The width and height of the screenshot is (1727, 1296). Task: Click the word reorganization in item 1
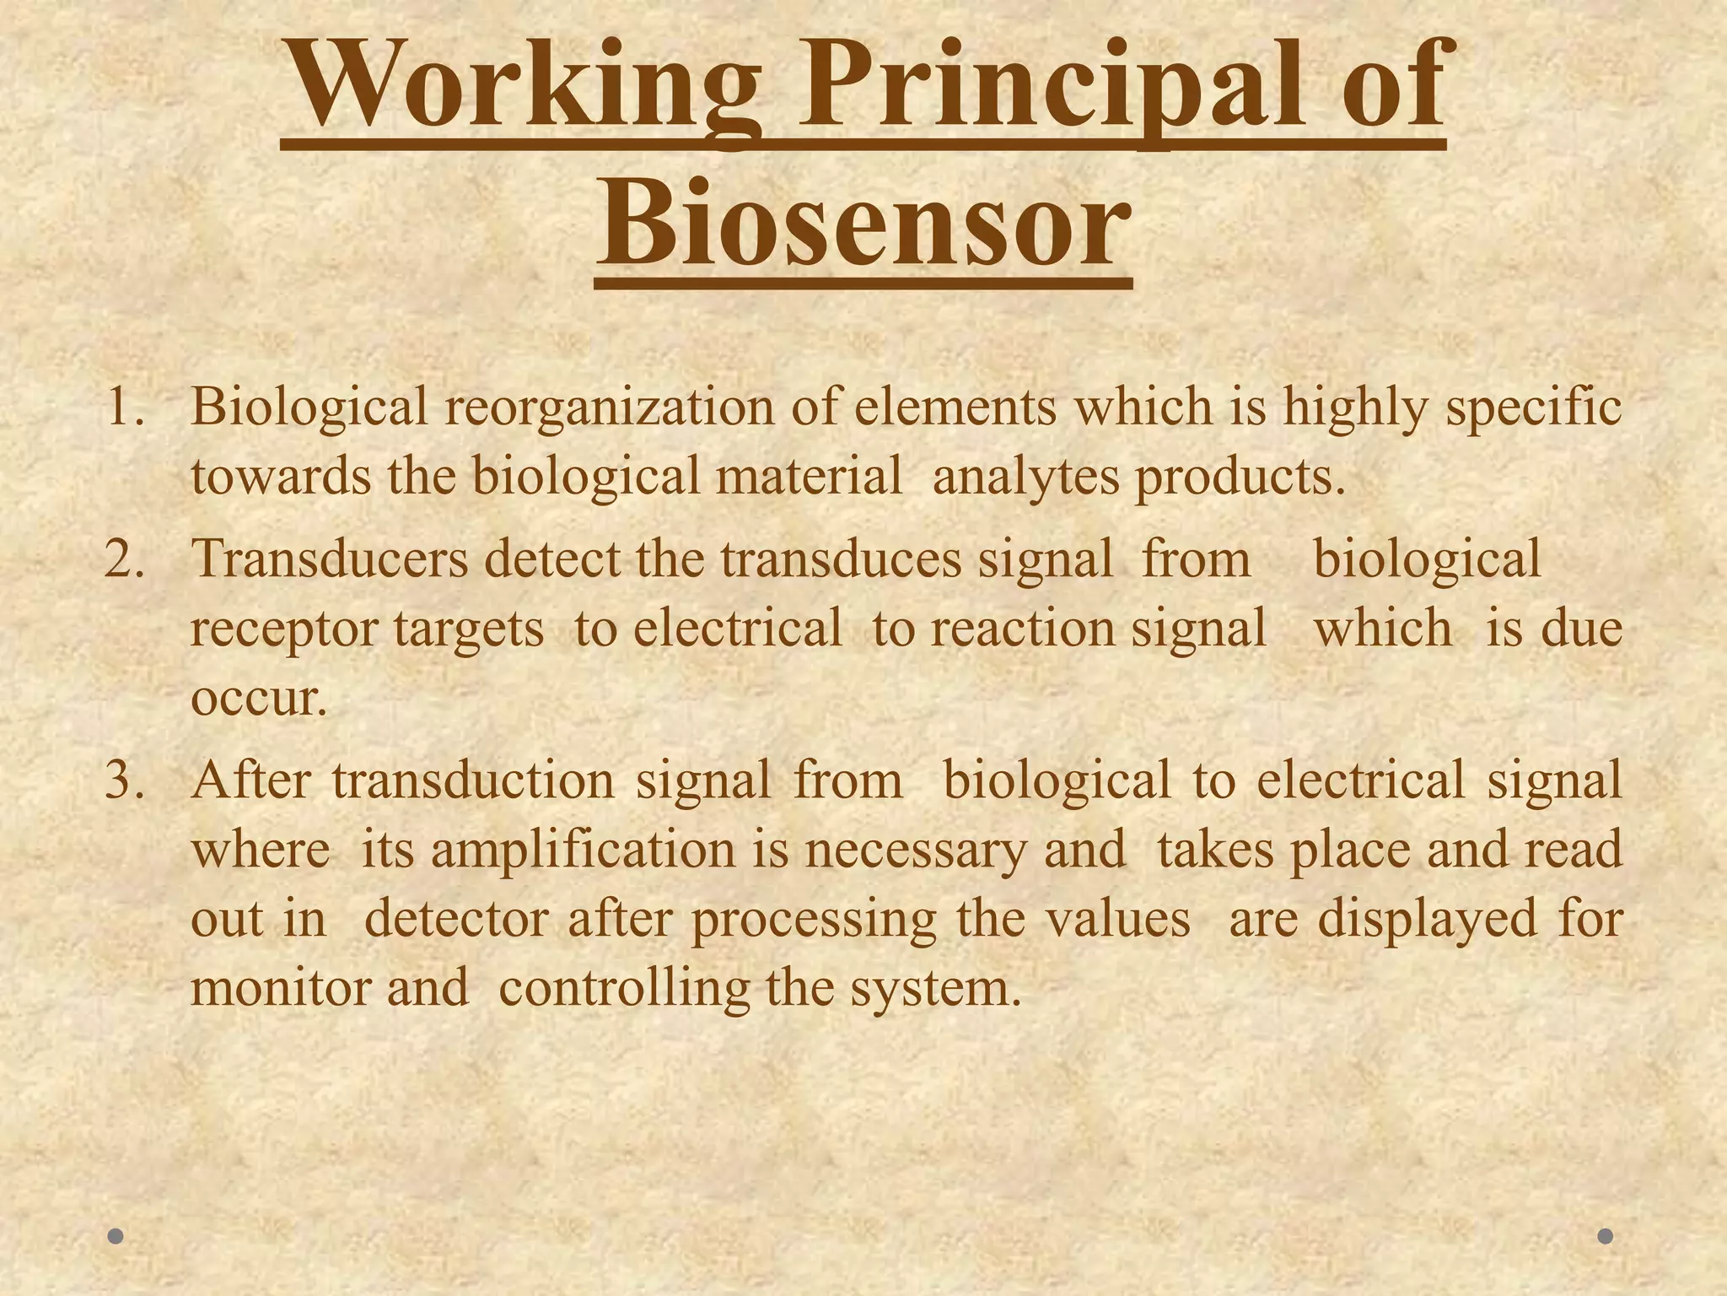(x=608, y=408)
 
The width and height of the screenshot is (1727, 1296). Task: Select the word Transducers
(x=330, y=559)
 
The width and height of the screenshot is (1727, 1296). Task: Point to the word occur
(x=257, y=699)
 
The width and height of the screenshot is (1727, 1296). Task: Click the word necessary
(x=916, y=850)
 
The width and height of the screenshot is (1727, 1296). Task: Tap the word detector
(x=456, y=919)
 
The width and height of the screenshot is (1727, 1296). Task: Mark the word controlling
(x=624, y=988)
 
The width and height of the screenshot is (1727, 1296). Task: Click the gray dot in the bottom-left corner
(x=116, y=1236)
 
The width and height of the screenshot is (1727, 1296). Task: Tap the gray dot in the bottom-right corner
(x=1606, y=1236)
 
